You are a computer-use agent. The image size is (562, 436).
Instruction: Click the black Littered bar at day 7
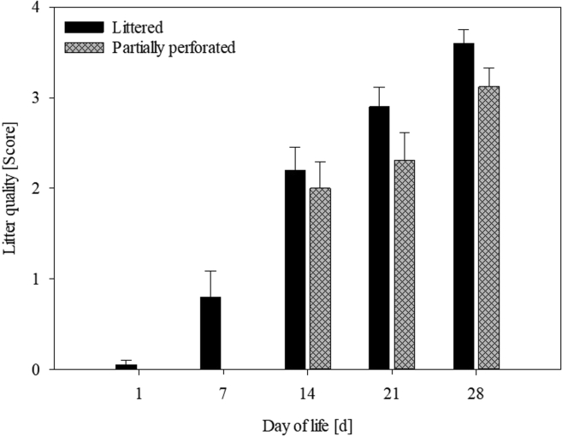(210, 333)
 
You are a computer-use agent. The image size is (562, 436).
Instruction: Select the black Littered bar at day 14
(295, 269)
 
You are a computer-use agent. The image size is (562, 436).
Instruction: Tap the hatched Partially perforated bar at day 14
(320, 279)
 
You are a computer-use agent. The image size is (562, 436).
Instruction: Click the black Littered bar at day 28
(464, 206)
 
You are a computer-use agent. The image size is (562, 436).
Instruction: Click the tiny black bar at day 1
(127, 367)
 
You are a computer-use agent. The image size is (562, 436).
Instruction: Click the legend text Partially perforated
(174, 47)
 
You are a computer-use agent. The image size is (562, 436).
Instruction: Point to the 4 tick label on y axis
(35, 8)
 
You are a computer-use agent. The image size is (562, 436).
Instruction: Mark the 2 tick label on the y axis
(35, 188)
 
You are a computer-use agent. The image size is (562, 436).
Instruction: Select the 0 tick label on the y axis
(35, 369)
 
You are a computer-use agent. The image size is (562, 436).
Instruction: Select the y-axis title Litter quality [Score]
(10, 188)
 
